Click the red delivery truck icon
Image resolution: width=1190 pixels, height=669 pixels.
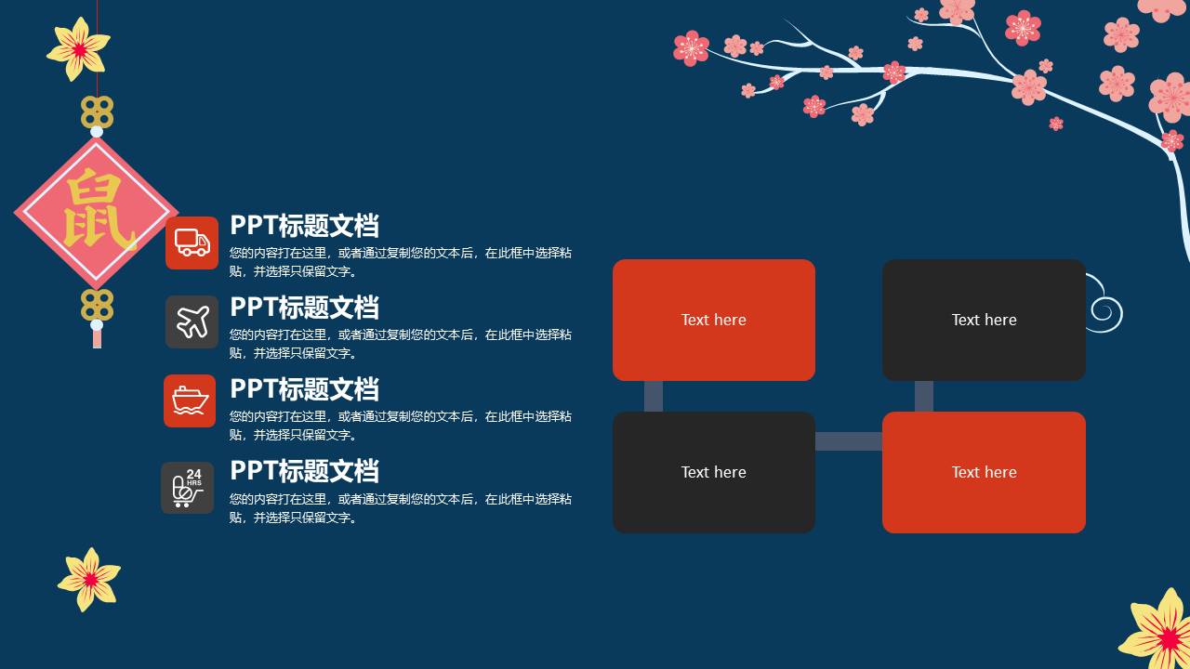coord(192,243)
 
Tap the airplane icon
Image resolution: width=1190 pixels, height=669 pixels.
coord(192,322)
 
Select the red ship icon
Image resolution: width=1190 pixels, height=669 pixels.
coord(190,401)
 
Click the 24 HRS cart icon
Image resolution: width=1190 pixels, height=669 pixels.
coord(188,487)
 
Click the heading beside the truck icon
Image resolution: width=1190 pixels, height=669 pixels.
coord(304,226)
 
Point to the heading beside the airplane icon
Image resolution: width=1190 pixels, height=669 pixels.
coord(304,308)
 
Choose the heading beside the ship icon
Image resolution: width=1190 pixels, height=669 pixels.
coord(304,389)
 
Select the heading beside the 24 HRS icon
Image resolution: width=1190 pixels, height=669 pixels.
coord(304,471)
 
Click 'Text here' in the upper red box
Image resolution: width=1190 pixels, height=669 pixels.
coord(713,320)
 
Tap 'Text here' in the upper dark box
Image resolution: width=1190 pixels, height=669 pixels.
coord(984,320)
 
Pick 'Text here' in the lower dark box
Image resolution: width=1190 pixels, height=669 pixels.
coord(713,472)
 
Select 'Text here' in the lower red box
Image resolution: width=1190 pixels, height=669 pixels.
coord(984,472)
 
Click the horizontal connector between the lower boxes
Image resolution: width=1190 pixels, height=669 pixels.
coord(849,441)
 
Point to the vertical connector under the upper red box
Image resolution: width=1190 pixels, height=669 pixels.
coord(654,396)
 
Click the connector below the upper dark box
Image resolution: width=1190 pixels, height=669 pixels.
coord(924,396)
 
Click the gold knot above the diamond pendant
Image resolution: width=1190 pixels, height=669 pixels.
coord(97,112)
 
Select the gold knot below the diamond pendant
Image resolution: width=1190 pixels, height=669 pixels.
coord(97,305)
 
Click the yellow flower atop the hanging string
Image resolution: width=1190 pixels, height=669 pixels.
coord(79,48)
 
